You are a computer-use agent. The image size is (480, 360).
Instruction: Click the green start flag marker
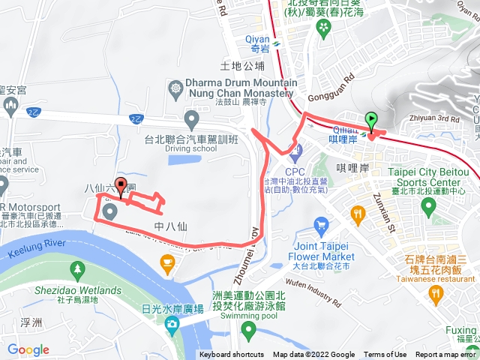(371, 120)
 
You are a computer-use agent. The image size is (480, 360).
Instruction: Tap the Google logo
(28, 349)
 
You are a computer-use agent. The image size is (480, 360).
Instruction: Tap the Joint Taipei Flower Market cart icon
(322, 225)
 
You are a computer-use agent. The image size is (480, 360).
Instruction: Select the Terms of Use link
(385, 355)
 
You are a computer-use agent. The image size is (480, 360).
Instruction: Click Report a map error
(446, 355)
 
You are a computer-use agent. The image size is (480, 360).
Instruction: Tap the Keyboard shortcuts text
(232, 355)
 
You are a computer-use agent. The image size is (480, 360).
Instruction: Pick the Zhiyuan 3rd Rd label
(434, 118)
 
